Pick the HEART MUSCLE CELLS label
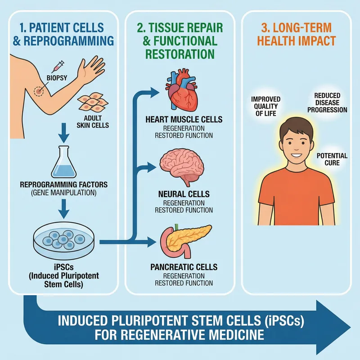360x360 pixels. tap(184, 120)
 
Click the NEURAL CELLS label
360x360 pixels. tap(184, 194)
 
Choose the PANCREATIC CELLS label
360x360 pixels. tap(184, 267)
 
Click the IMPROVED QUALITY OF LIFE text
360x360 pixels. tap(265, 106)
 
